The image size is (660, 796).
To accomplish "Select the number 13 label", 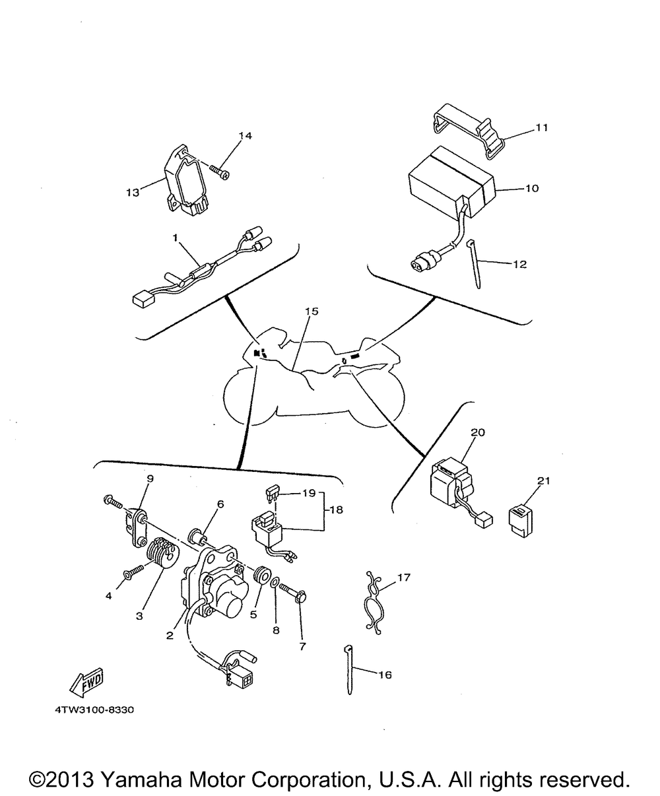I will tap(132, 193).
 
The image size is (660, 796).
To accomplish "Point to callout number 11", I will tap(541, 128).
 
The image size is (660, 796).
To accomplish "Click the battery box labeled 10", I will tap(449, 176).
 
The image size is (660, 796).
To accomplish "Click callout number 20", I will tap(478, 432).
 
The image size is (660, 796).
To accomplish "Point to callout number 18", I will tap(337, 510).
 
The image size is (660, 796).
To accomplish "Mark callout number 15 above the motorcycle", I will tap(312, 311).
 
